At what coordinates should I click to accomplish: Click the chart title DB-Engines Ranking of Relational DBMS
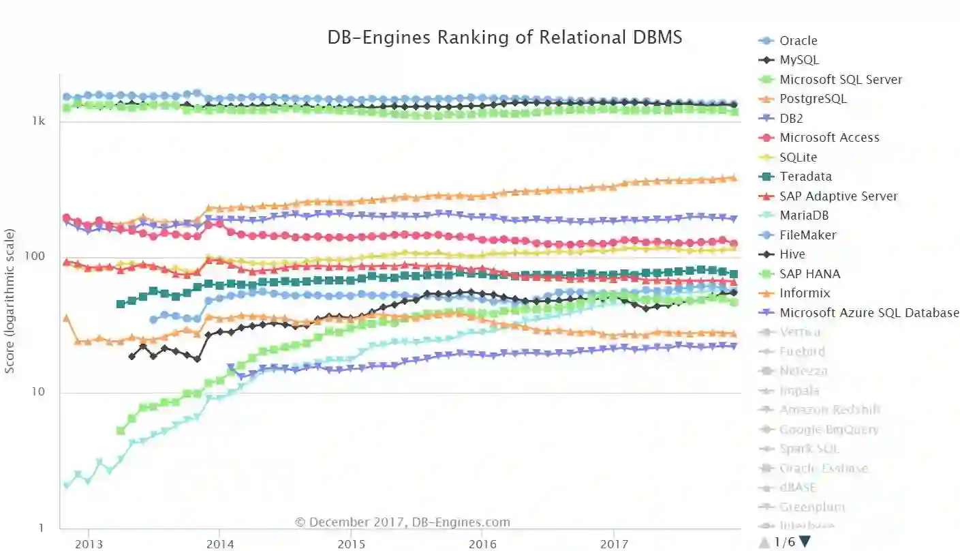(504, 38)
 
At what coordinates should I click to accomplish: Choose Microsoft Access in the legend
(829, 138)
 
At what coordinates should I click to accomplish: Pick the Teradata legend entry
(805, 177)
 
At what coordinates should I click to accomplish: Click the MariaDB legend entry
(804, 215)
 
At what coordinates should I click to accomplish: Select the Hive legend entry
(792, 254)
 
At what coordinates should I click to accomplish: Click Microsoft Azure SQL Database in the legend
(869, 313)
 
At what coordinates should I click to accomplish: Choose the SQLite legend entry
(798, 158)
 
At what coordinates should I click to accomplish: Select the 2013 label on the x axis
(89, 543)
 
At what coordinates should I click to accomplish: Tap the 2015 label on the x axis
(352, 543)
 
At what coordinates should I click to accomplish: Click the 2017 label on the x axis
(614, 543)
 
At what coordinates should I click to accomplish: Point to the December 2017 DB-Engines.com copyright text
(402, 522)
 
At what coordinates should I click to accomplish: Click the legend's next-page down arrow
(805, 542)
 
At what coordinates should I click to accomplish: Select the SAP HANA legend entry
(809, 274)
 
